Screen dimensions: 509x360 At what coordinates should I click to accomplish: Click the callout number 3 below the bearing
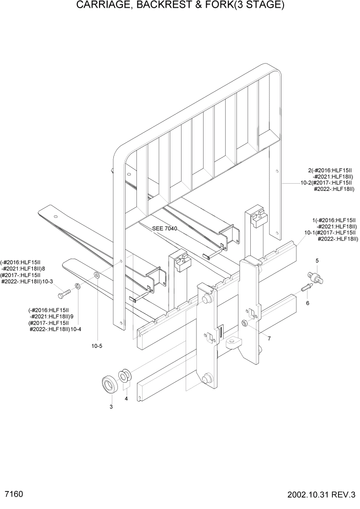pyautogui.click(x=111, y=407)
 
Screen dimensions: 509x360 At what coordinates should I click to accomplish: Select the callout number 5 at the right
pyautogui.click(x=317, y=261)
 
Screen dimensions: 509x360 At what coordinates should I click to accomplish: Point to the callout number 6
pyautogui.click(x=308, y=303)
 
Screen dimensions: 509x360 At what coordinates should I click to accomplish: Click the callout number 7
pyautogui.click(x=269, y=339)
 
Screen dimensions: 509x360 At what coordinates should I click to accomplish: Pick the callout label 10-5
pyautogui.click(x=97, y=346)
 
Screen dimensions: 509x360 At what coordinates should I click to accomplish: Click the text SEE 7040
pyautogui.click(x=165, y=228)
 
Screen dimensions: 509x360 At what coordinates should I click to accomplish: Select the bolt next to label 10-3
pyautogui.click(x=63, y=295)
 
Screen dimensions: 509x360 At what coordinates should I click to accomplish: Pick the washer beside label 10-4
pyautogui.click(x=77, y=286)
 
